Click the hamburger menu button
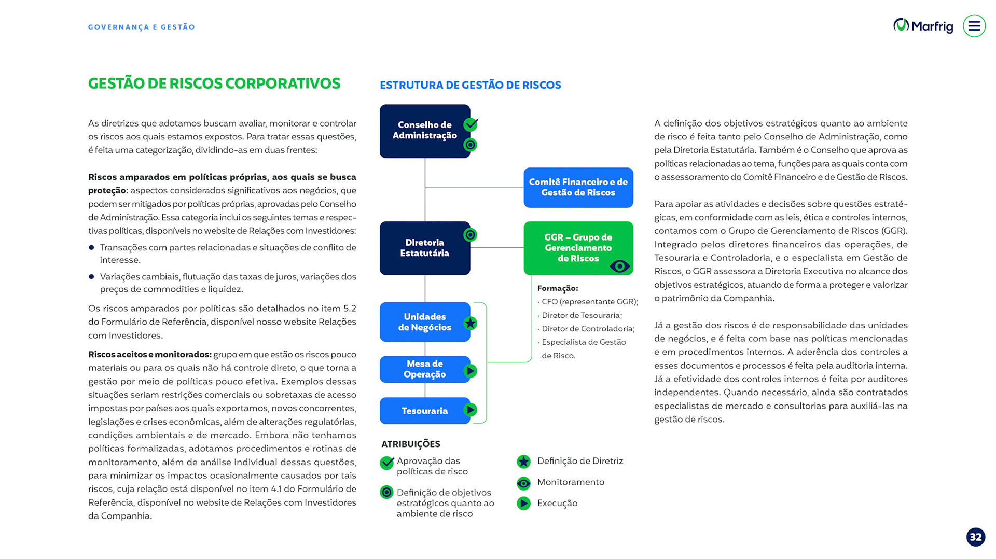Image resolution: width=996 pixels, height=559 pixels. coord(974,26)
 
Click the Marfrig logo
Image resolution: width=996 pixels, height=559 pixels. coord(923,26)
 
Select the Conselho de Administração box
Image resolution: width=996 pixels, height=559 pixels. coord(424,131)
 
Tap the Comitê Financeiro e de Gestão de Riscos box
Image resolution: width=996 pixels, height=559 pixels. coord(578,187)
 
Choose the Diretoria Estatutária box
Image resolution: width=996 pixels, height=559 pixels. coord(424,248)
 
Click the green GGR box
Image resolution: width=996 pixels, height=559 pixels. coord(578,247)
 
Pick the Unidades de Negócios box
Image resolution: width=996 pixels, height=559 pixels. coord(424,322)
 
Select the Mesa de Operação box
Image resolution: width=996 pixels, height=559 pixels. coord(424,369)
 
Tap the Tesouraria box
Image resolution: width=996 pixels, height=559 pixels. coord(424,411)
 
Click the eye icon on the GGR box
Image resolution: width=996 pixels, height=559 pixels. coord(619,267)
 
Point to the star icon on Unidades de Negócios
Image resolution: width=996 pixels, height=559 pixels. coord(470,324)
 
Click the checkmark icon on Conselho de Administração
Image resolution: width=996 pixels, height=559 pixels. coord(471,124)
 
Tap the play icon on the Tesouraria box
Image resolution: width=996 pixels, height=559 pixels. coord(470,410)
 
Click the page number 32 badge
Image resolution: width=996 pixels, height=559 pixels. coord(975,537)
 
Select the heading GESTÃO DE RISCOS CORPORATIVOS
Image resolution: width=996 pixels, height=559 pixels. coord(214,83)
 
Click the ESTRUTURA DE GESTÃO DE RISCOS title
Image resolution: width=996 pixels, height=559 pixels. coord(470,85)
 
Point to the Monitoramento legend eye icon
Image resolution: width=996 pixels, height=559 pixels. coord(523,483)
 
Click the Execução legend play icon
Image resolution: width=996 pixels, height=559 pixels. coord(523,503)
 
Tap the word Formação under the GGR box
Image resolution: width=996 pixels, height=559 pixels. coord(557,288)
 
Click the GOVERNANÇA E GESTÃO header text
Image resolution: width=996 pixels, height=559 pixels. coord(141,27)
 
